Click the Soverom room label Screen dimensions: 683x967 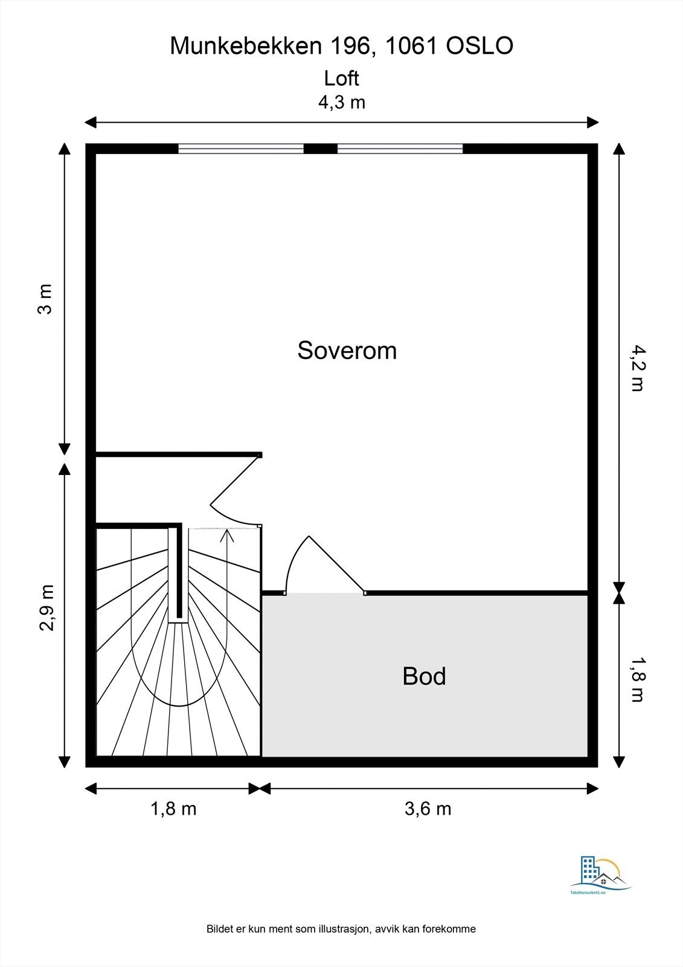(x=347, y=350)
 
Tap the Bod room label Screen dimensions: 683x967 (x=424, y=676)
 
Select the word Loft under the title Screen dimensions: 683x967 (x=341, y=78)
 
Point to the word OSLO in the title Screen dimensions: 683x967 (x=479, y=46)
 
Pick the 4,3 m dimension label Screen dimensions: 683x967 (x=342, y=102)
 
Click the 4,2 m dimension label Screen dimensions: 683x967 (x=637, y=367)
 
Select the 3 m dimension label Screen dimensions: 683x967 (x=45, y=299)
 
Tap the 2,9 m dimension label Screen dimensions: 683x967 (x=46, y=608)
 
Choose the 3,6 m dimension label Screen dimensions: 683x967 (x=428, y=809)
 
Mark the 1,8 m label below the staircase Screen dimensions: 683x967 (x=173, y=809)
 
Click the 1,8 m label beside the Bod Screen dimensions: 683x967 (x=637, y=679)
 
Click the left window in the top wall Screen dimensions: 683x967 (x=241, y=149)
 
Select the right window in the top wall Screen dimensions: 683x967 (x=400, y=149)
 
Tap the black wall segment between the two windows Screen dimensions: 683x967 (x=321, y=149)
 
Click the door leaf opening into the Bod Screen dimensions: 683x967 (x=336, y=564)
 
